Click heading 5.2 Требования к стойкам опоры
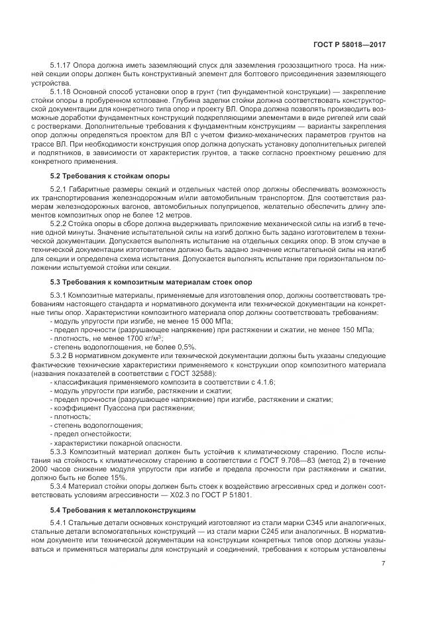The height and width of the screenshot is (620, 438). [x=110, y=176]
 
